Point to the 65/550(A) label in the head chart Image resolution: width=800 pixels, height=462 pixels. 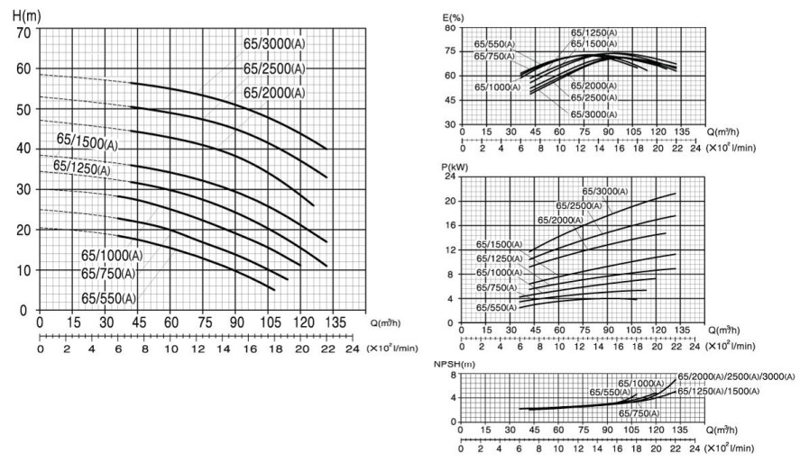tap(108, 298)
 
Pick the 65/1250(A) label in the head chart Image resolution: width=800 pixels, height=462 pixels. tap(81, 168)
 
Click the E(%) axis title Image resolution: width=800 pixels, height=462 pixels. tap(455, 15)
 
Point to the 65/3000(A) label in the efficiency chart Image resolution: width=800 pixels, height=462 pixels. tap(593, 114)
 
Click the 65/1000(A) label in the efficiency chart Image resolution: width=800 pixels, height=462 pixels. tap(497, 86)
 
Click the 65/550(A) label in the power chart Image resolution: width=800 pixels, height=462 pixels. tap(497, 307)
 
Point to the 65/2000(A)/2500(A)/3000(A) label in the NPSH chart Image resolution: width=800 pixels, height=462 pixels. tap(736, 376)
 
